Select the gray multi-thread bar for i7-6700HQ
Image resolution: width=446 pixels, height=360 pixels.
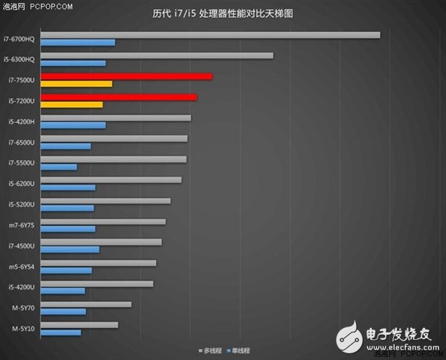click(210, 35)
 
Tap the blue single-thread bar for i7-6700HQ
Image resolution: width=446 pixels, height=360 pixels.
click(78, 42)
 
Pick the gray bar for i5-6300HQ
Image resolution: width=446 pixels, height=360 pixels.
click(157, 56)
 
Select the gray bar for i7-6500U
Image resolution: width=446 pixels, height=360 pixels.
click(114, 138)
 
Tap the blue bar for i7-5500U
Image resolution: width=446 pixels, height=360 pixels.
click(59, 167)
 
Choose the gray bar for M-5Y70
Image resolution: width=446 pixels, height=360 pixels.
click(86, 303)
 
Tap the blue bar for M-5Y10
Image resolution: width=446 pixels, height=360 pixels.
click(61, 332)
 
